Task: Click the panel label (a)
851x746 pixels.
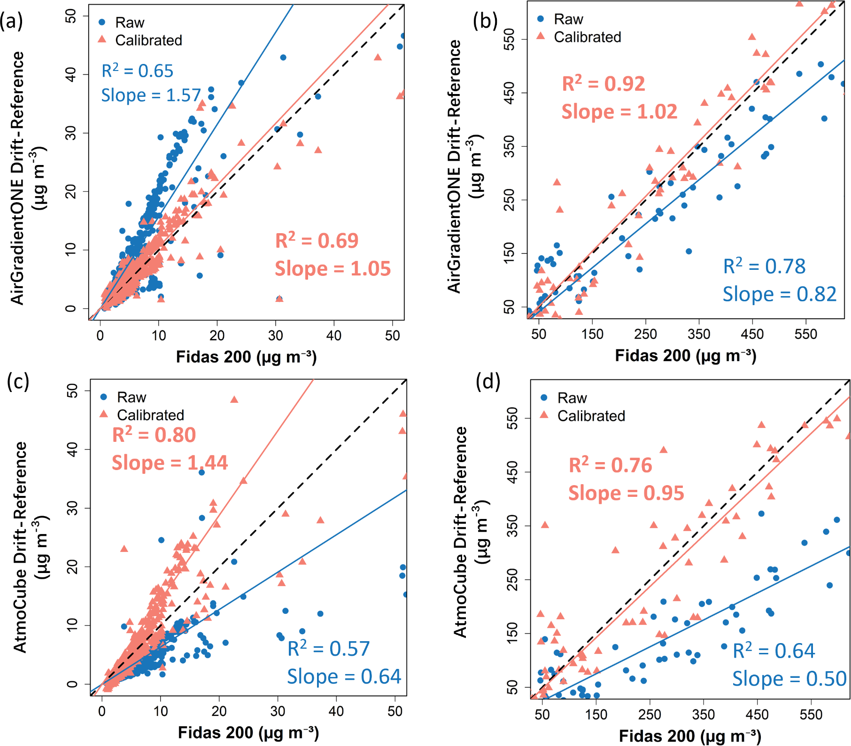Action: [x=11, y=21]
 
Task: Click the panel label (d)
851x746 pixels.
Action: [x=488, y=381]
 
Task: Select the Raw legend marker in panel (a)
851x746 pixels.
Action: [x=102, y=22]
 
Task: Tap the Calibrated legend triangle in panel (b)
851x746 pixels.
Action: [x=541, y=36]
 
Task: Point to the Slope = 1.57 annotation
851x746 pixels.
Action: [x=151, y=95]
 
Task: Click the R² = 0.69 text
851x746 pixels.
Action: [x=317, y=241]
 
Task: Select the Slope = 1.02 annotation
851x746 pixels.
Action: [x=619, y=112]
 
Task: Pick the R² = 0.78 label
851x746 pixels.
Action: [x=764, y=267]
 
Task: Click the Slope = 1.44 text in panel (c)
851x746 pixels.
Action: [x=170, y=463]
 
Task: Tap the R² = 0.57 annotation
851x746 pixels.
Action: [x=328, y=649]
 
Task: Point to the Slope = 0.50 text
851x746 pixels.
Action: [x=789, y=679]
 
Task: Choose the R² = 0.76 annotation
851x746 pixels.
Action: [x=610, y=465]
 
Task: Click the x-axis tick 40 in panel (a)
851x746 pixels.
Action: [x=334, y=336]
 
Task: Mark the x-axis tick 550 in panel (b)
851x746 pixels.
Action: [x=806, y=334]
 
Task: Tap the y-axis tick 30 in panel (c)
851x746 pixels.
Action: [x=72, y=508]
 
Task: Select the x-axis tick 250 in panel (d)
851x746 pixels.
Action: [x=650, y=715]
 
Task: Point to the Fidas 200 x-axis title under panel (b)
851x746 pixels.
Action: [x=685, y=356]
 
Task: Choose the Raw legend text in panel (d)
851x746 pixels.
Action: [x=572, y=398]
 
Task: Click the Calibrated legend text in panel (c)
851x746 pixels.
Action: [x=150, y=415]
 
